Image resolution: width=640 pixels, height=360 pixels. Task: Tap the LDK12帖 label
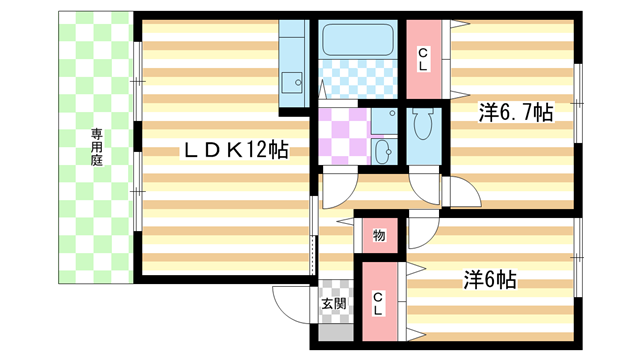(x=235, y=150)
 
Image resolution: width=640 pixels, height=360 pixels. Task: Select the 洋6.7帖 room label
(x=515, y=113)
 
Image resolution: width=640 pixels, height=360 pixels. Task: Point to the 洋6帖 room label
(x=489, y=280)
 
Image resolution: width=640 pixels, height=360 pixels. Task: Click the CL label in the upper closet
(x=424, y=59)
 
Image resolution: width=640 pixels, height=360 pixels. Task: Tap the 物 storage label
(x=379, y=236)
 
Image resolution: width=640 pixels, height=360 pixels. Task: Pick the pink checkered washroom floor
(x=342, y=135)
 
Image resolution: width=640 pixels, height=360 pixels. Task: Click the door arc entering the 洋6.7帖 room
(x=462, y=192)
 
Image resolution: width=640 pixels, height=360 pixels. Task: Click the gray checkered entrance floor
(x=335, y=322)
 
